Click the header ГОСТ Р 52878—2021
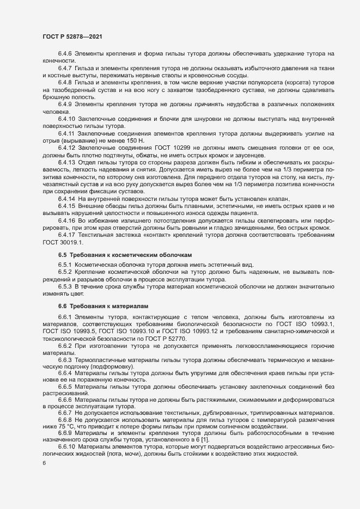(x=71, y=35)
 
